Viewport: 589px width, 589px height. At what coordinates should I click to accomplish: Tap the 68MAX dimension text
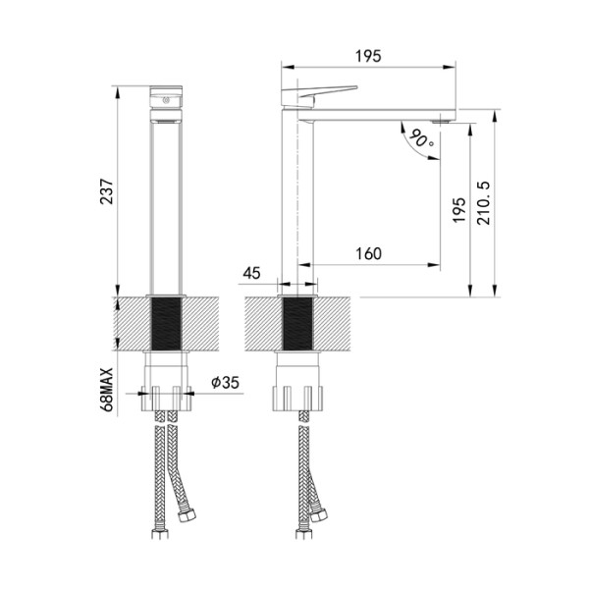pyautogui.click(x=109, y=387)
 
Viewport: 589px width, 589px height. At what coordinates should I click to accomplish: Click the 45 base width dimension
pyautogui.click(x=251, y=273)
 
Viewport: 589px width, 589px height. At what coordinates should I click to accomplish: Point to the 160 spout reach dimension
pyautogui.click(x=367, y=253)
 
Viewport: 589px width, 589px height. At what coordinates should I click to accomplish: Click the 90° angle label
pyautogui.click(x=422, y=139)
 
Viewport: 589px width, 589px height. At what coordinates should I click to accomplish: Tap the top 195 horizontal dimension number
pyautogui.click(x=369, y=56)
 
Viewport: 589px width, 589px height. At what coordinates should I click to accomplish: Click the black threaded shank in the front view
pyautogui.click(x=166, y=324)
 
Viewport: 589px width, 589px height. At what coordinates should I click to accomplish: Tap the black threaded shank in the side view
pyautogui.click(x=299, y=324)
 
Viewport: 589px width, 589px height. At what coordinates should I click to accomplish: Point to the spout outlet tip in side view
pyautogui.click(x=447, y=119)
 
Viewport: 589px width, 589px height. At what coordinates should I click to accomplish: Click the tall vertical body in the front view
pyautogui.click(x=166, y=206)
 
